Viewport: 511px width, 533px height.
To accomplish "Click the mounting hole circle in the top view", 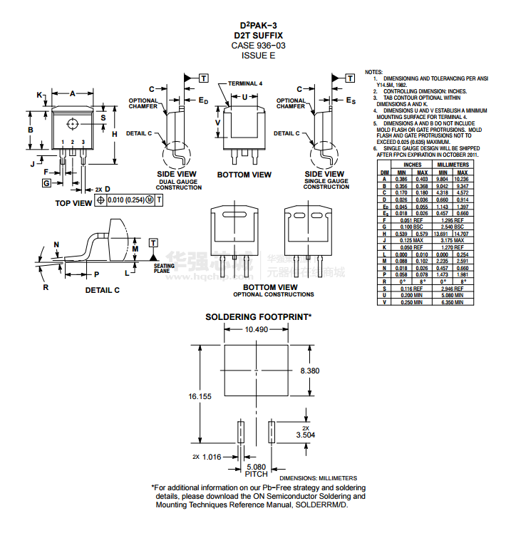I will point(73,124).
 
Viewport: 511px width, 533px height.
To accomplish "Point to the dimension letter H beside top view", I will point(114,133).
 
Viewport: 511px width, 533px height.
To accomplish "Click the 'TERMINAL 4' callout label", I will point(245,83).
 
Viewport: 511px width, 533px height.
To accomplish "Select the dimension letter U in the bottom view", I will point(245,97).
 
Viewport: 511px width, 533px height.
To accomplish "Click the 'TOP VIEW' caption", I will point(73,203).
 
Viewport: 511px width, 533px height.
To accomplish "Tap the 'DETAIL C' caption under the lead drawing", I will point(103,290).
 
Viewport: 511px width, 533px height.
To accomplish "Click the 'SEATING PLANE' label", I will point(164,269).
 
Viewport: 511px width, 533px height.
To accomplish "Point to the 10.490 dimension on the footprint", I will point(256,329).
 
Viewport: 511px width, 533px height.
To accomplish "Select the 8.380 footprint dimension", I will point(309,371).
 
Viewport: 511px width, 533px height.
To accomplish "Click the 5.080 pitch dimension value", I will point(256,466).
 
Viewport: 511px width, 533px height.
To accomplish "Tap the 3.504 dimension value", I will point(306,434).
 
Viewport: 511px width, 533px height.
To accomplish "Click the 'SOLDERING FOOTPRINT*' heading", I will point(259,316).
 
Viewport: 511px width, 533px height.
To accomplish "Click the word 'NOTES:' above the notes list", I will point(374,73).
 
